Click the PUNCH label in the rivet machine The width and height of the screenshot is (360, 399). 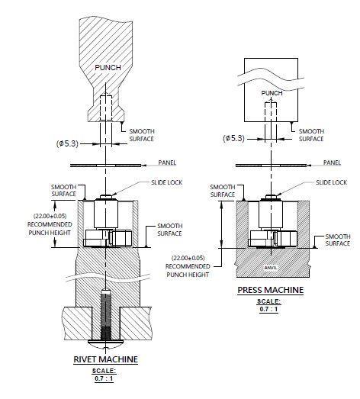(108, 67)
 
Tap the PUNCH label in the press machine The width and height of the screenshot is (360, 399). (272, 93)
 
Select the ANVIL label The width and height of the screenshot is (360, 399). (271, 268)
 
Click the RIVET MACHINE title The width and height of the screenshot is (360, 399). (105, 359)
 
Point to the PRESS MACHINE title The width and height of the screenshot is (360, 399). (271, 290)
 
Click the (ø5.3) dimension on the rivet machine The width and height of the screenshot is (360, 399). (67, 143)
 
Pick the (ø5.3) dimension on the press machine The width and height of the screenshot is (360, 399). (233, 138)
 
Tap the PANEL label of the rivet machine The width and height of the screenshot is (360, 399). (167, 162)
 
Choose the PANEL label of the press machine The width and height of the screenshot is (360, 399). (332, 162)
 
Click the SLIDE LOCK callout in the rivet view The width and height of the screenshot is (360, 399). (166, 182)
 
